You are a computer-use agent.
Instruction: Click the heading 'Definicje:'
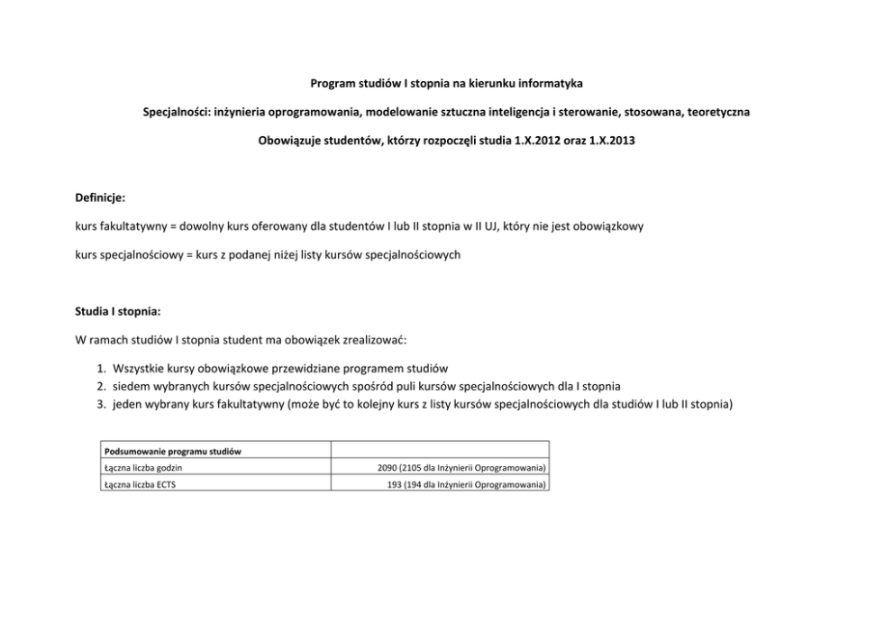[x=100, y=197]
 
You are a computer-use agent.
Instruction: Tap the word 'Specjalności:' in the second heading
[x=177, y=113]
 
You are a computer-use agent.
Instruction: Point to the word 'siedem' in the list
[x=131, y=386]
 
